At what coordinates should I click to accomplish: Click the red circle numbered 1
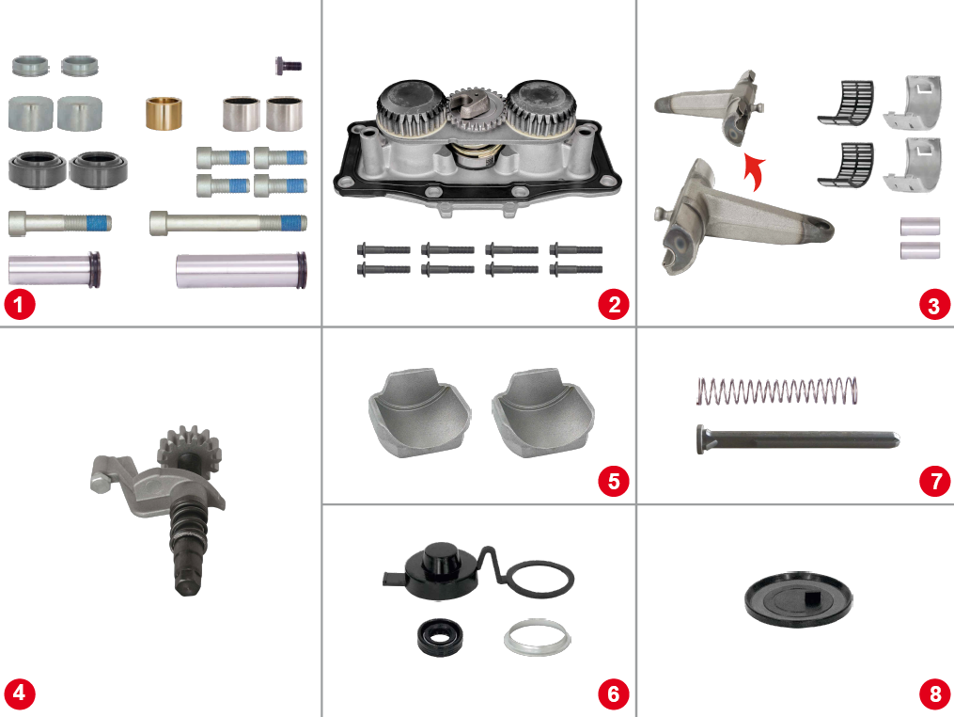(19, 305)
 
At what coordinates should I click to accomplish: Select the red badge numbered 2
(613, 305)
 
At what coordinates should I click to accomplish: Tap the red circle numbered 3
(933, 305)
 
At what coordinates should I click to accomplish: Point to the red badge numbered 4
(19, 694)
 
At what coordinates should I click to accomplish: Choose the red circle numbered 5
(613, 481)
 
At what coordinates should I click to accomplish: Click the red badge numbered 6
(613, 694)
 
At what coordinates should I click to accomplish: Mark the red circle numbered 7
(933, 481)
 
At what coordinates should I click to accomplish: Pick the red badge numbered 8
(933, 694)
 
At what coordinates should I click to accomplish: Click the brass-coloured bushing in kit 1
(164, 113)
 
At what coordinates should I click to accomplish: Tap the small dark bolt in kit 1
(288, 65)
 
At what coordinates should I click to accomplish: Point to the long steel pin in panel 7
(797, 438)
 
